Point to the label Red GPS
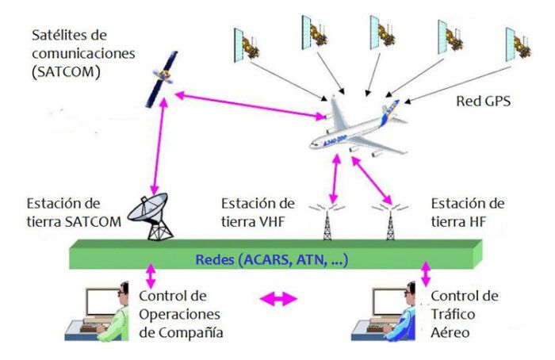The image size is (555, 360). tap(484, 101)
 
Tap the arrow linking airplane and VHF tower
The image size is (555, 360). tap(336, 176)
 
